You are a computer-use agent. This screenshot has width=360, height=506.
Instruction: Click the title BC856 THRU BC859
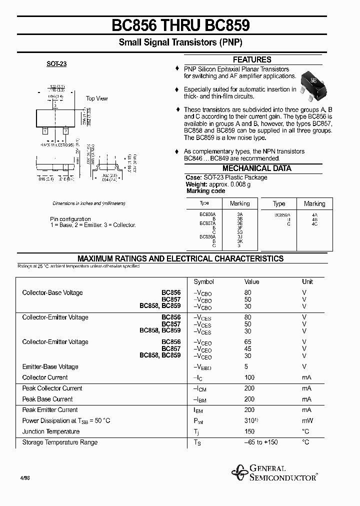point(180,25)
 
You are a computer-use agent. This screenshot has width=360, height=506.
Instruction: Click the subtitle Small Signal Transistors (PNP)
point(180,43)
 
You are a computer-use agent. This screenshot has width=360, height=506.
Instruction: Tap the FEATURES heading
point(252,59)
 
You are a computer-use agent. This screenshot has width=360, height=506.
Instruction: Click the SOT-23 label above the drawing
point(56,64)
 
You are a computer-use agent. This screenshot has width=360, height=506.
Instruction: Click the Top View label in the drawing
point(96,98)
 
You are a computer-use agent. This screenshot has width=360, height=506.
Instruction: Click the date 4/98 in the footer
point(23,478)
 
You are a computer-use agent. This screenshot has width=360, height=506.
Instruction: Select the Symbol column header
point(203,282)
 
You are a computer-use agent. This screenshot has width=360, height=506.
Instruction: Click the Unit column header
point(307,282)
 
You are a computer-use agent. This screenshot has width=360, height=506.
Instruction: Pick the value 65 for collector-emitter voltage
point(248,342)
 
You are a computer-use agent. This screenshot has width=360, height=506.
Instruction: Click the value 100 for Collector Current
point(249,377)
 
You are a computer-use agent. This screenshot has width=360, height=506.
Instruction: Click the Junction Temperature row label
point(50,431)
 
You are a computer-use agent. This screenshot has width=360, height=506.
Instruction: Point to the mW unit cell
point(306,421)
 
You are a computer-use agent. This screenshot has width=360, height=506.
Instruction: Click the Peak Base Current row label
point(47,399)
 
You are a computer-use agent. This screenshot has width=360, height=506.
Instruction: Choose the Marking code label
point(205,191)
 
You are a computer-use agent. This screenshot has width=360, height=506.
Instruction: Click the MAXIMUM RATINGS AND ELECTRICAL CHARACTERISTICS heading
point(180,258)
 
